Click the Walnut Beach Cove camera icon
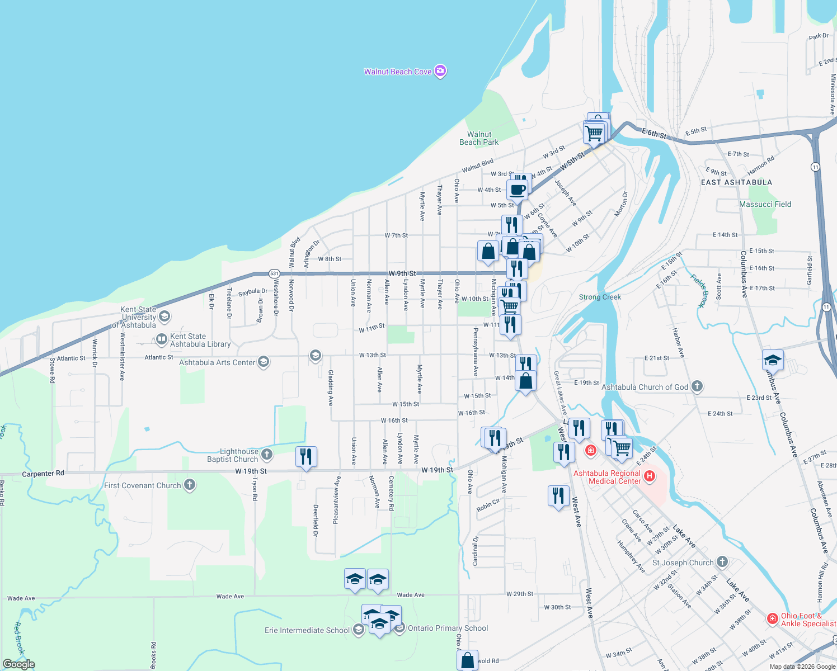tap(440, 71)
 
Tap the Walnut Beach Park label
tap(479, 138)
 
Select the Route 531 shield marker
tap(274, 273)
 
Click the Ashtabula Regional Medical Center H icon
tap(650, 476)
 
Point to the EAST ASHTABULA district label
tap(736, 182)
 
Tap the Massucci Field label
tap(765, 204)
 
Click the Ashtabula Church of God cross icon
tap(697, 386)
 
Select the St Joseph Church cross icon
tap(722, 561)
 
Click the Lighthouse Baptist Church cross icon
tap(267, 454)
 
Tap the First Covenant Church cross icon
tap(190, 485)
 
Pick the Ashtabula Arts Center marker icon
tap(264, 362)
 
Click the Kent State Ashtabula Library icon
tap(161, 339)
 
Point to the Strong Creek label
tap(600, 297)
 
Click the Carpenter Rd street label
tap(43, 474)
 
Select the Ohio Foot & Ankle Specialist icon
tap(773, 618)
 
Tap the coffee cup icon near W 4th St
tap(518, 189)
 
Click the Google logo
tap(19, 664)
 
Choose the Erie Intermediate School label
tap(307, 630)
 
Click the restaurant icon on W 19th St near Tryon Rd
tap(305, 456)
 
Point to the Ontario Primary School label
tap(448, 628)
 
